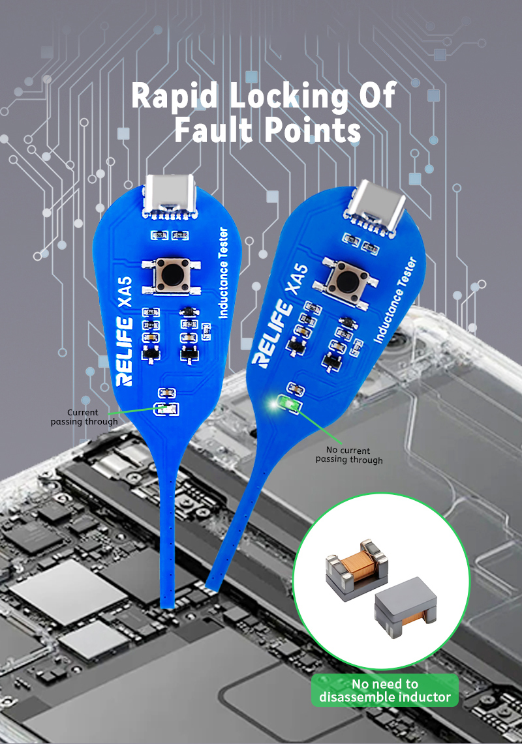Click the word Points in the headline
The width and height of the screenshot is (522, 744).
313,130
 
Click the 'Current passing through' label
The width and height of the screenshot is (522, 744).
84,417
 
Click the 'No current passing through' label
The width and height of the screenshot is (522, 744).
349,455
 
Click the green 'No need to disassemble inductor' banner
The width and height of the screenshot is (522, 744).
384,691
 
